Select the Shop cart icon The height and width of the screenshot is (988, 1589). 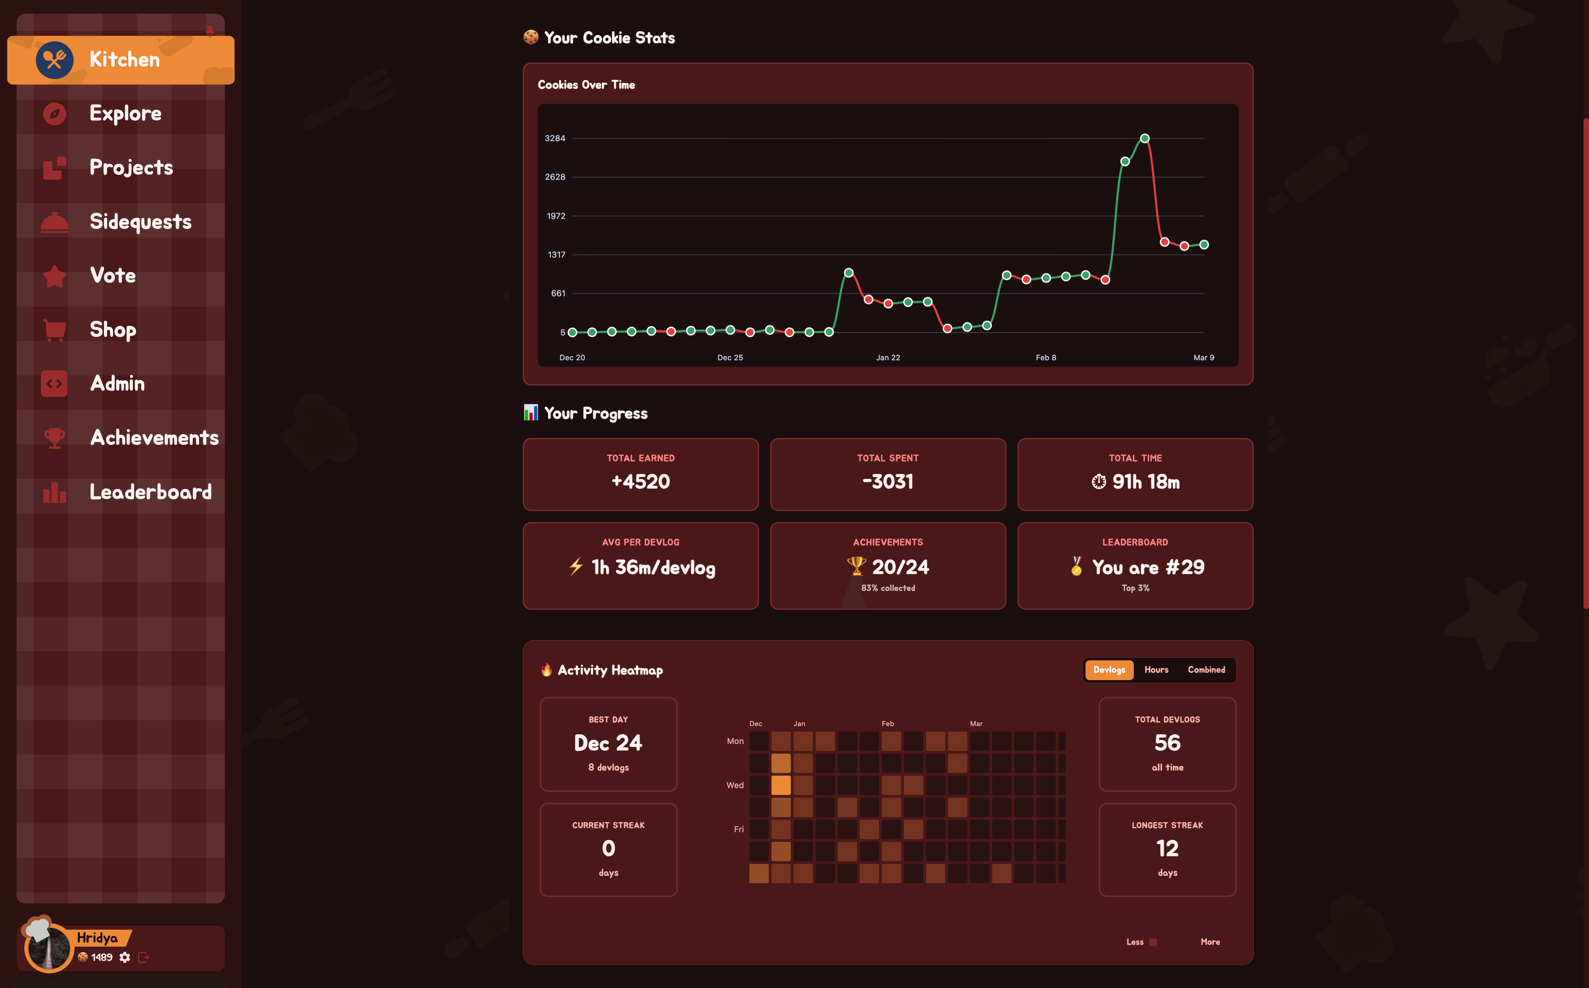[x=54, y=329]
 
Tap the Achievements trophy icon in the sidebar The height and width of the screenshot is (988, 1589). [x=54, y=438]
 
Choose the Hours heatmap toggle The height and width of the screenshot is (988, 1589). [x=1155, y=670]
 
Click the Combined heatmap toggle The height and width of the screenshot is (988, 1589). [x=1206, y=670]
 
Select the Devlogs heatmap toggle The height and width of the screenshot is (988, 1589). [x=1109, y=670]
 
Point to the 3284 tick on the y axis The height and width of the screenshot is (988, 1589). [x=555, y=138]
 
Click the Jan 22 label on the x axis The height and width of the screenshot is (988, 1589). [x=888, y=358]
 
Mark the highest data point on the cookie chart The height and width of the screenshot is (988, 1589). [x=1144, y=138]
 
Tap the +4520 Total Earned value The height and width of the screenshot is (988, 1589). [x=640, y=482]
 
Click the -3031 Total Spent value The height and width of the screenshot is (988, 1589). [x=888, y=482]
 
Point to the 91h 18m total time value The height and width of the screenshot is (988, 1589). [x=1145, y=482]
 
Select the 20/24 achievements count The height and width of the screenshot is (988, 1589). [x=900, y=567]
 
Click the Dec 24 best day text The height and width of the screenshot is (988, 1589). [x=608, y=743]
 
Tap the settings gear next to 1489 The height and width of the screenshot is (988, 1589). [x=125, y=957]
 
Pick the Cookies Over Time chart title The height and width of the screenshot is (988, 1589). [x=586, y=85]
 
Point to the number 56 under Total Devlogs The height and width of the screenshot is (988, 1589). [x=1167, y=743]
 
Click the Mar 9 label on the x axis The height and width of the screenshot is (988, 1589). [x=1203, y=358]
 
